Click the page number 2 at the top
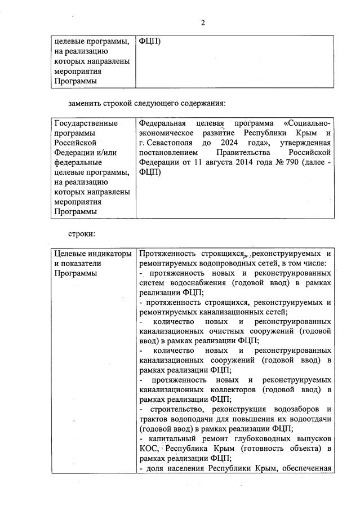[x=203, y=23]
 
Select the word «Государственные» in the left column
[x=86, y=123]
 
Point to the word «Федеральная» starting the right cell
[x=162, y=123]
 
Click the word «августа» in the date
[x=221, y=162]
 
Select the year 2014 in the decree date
[x=250, y=162]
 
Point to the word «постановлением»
[x=168, y=153]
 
